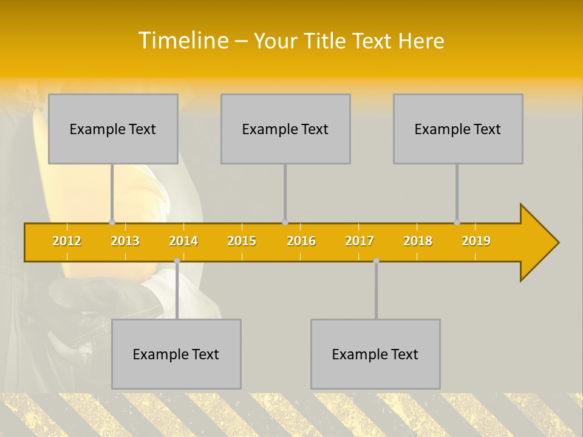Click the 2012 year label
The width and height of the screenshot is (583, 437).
point(67,241)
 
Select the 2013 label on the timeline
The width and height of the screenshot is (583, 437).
point(125,241)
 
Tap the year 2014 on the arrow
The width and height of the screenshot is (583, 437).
point(183,241)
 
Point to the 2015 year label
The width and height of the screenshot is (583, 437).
point(242,241)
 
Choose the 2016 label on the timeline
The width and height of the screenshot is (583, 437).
point(301,241)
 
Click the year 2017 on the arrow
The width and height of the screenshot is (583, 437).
point(360,241)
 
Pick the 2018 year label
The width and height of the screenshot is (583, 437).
point(418,241)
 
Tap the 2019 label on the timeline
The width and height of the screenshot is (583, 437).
point(476,241)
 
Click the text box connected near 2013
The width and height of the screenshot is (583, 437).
point(113,129)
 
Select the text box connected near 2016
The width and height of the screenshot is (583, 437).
point(285,129)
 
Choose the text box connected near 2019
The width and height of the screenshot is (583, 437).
point(458,129)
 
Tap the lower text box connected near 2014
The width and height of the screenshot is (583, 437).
point(176,354)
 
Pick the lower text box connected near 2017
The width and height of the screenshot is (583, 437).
point(375,354)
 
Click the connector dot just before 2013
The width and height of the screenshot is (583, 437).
point(112,222)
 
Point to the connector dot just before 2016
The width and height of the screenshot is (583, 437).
point(285,222)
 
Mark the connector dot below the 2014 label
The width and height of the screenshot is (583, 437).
point(177,260)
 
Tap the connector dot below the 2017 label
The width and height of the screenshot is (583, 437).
point(376,260)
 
